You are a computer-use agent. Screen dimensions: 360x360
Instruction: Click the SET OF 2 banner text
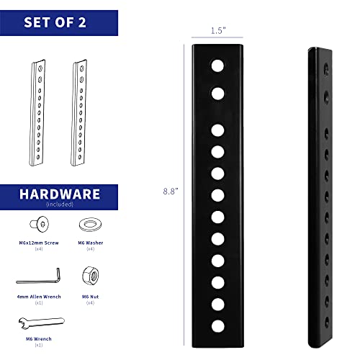pos(55,22)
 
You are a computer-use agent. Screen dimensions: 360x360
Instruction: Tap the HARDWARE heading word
pos(60,194)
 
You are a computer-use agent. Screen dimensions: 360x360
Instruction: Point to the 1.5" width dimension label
pos(218,31)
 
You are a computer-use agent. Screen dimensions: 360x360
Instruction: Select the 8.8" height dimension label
pos(171,192)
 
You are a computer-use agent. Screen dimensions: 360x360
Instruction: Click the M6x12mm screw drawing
pos(40,224)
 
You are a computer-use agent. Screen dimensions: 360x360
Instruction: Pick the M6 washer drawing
pos(90,225)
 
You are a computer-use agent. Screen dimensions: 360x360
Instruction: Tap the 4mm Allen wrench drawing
pos(38,276)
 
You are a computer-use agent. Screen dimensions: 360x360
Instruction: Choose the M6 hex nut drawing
pos(91,276)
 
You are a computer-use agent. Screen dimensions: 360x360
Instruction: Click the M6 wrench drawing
pos(42,323)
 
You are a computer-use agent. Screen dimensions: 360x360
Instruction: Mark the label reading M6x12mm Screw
pos(39,243)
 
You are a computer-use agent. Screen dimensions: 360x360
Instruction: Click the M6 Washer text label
pos(91,243)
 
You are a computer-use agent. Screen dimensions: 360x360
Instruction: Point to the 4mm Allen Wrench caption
pos(39,297)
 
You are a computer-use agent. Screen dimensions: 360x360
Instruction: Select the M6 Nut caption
pos(90,297)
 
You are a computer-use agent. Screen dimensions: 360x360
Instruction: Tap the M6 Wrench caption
pos(39,339)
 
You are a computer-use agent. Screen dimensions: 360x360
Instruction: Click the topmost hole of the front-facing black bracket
pos(217,66)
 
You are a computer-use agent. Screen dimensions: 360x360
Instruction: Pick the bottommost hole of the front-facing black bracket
pos(218,326)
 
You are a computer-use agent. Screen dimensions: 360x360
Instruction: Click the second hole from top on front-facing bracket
pos(217,94)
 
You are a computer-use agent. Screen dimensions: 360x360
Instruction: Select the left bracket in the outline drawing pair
pos(37,112)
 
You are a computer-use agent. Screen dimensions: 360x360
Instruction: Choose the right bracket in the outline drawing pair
pos(79,112)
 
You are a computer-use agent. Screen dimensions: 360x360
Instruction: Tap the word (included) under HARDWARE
pos(60,204)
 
